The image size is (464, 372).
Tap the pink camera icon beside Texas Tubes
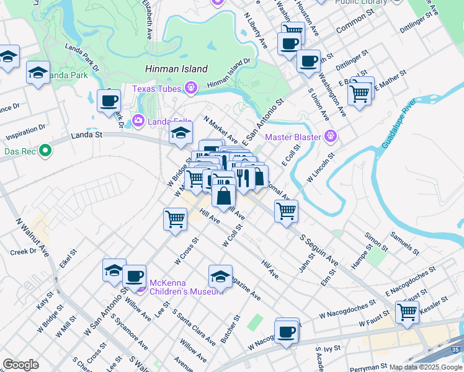190,89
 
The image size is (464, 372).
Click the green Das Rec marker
45,151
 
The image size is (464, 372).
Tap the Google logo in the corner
20,364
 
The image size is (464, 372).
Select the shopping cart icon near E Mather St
359,94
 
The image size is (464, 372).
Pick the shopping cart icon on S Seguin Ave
286,211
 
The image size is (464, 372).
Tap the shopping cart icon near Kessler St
407,312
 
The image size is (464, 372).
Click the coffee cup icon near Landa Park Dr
109,100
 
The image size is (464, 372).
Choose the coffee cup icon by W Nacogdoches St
286,332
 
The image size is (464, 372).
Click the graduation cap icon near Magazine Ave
220,275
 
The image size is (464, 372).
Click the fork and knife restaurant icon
242,177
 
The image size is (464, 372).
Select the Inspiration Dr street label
25,131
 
